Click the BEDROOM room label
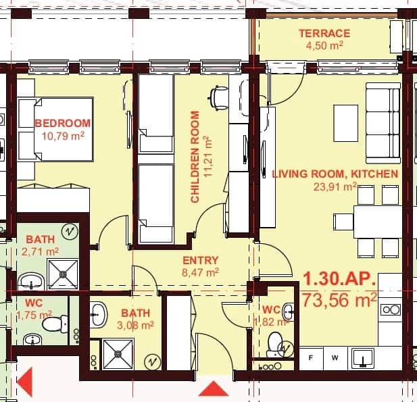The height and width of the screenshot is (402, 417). coord(62,123)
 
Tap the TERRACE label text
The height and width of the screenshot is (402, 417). coord(324,33)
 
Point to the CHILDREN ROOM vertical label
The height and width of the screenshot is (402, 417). coord(195,157)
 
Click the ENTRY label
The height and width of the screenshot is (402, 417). coord(201,260)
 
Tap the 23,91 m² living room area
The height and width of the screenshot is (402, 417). coord(335,186)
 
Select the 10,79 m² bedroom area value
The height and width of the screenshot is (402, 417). coord(62,135)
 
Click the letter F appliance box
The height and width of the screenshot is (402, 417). coord(312,357)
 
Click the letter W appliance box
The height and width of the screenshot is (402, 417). coord(335,357)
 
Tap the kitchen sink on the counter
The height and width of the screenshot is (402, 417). coord(363,357)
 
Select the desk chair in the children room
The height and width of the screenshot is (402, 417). coord(218,97)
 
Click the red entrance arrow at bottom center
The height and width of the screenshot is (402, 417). coord(214,390)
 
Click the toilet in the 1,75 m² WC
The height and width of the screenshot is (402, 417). coord(51,325)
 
